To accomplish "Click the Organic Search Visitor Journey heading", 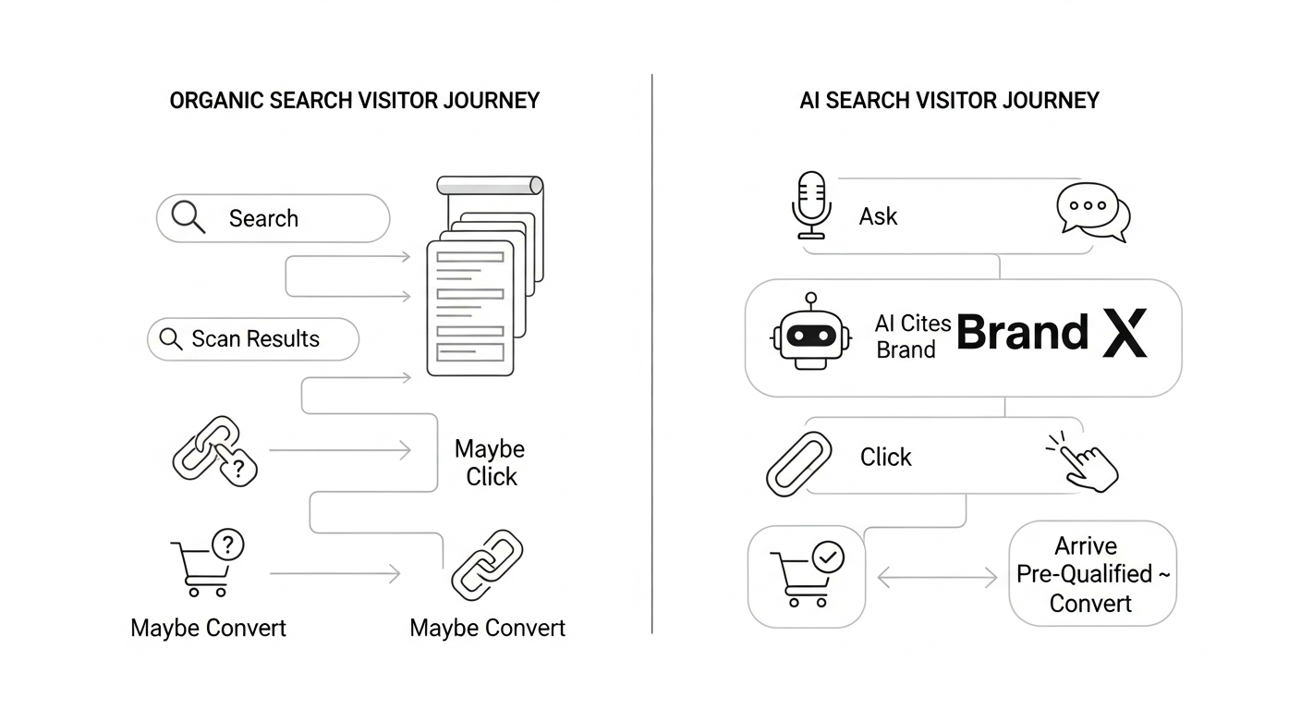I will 354,101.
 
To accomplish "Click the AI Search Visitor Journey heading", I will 949,101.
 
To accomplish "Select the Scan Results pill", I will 252,339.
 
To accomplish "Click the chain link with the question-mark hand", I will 215,450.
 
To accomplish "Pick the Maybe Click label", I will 490,463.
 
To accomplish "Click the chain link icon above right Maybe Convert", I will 487,565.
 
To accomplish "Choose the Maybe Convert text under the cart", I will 208,629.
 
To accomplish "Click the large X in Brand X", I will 1125,335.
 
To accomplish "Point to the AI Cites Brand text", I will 911,337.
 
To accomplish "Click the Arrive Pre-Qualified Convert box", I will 1092,574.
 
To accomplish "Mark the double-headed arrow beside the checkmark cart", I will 937,579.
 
